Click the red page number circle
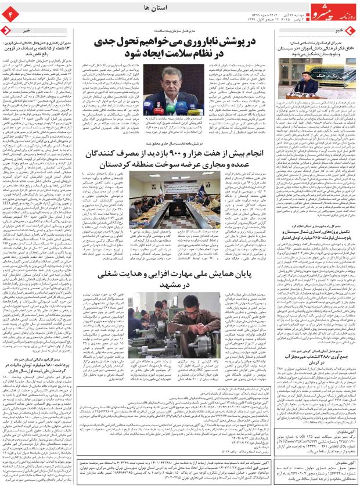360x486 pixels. tap(10, 12)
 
